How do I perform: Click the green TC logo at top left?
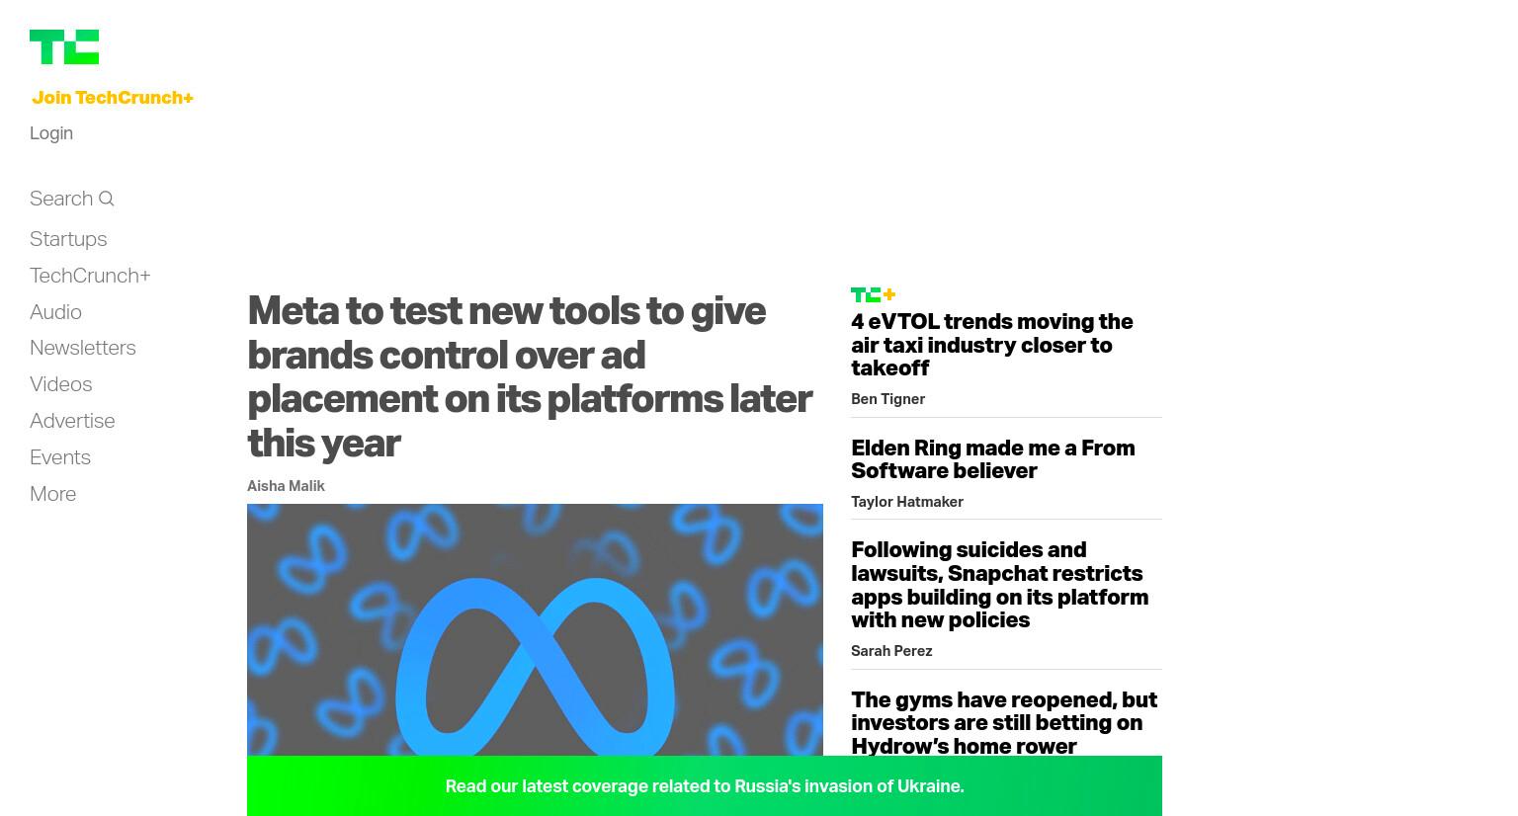click(x=64, y=46)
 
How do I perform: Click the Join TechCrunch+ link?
click(x=113, y=98)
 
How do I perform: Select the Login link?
click(x=51, y=133)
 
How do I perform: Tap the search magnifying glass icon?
click(x=107, y=199)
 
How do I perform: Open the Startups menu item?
click(x=68, y=239)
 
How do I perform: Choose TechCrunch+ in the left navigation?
click(x=90, y=276)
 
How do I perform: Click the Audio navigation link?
click(x=55, y=312)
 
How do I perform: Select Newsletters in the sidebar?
click(x=83, y=348)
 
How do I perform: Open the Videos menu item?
click(x=61, y=384)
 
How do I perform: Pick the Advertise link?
click(x=72, y=421)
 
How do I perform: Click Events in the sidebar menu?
click(x=60, y=457)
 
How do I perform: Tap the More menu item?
click(x=52, y=494)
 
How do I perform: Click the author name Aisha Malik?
click(x=286, y=486)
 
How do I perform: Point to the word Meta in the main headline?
click(x=294, y=311)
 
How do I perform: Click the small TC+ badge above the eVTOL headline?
click(x=874, y=294)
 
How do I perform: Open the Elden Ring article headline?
click(x=993, y=459)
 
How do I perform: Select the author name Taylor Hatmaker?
click(x=907, y=502)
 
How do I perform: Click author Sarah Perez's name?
click(x=891, y=651)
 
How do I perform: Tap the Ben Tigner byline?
click(x=888, y=399)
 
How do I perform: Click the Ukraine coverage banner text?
click(x=705, y=786)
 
